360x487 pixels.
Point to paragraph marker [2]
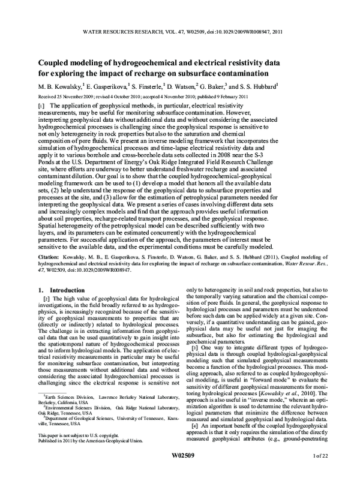40,315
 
